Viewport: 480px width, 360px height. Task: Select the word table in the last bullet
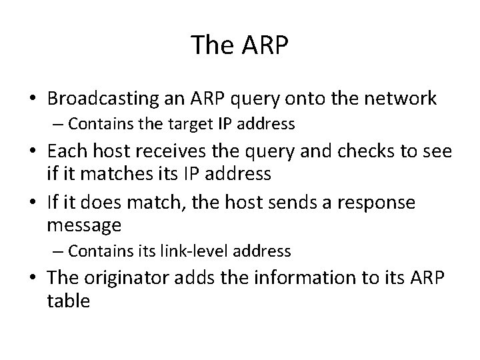69,301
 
